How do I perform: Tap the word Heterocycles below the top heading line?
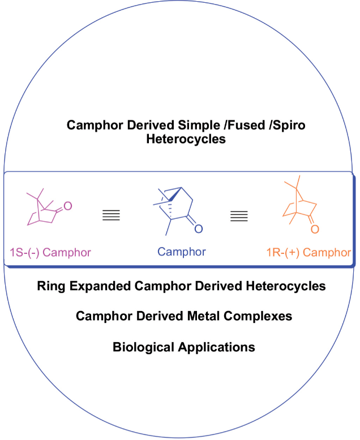186,139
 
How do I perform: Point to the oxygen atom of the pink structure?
68,206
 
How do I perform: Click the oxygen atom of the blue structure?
198,228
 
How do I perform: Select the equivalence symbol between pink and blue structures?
112,215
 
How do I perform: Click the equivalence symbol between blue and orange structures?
239,215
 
